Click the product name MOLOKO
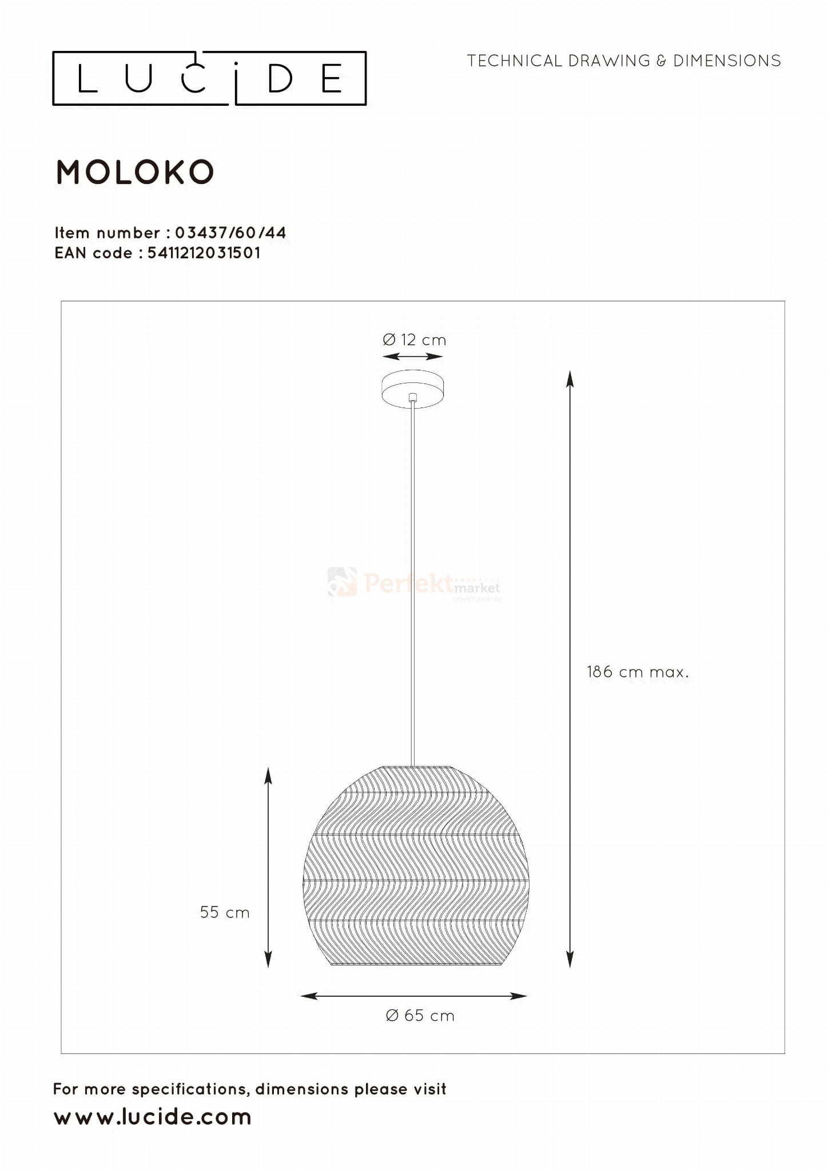click(x=135, y=172)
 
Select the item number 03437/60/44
click(x=230, y=233)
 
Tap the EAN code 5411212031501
click(x=204, y=253)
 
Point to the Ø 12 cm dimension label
click(x=414, y=340)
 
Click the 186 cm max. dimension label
click(x=638, y=672)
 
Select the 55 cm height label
click(x=225, y=912)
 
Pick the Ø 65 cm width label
click(x=420, y=1016)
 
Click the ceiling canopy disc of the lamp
click(x=412, y=389)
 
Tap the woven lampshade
click(x=416, y=866)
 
